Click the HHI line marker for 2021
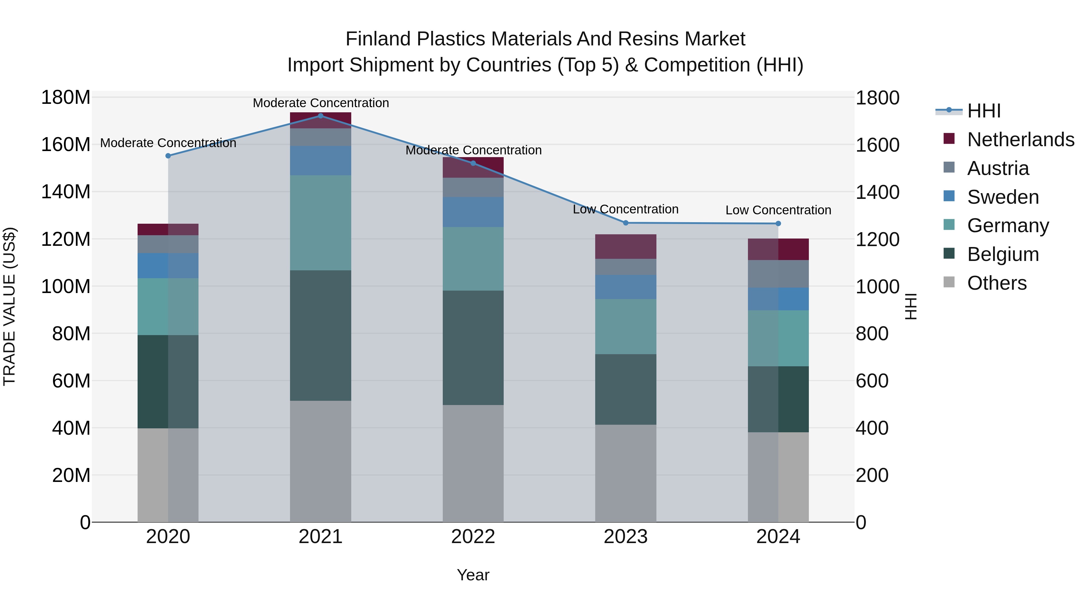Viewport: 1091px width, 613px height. point(321,116)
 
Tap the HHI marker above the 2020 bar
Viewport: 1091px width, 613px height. point(168,156)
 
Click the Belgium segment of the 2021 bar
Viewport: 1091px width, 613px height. point(321,335)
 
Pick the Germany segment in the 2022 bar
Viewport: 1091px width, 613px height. point(473,259)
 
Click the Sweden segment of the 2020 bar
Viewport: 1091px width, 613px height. point(168,266)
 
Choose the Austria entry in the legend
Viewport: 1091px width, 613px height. point(998,168)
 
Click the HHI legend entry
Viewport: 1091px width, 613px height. point(984,111)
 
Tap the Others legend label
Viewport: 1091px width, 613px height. point(997,283)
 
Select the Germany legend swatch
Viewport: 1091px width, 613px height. point(949,225)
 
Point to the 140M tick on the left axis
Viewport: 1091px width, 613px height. point(66,192)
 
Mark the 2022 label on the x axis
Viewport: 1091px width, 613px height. point(473,537)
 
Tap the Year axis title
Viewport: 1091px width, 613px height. point(473,575)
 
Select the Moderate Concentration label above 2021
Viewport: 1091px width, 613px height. point(321,103)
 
